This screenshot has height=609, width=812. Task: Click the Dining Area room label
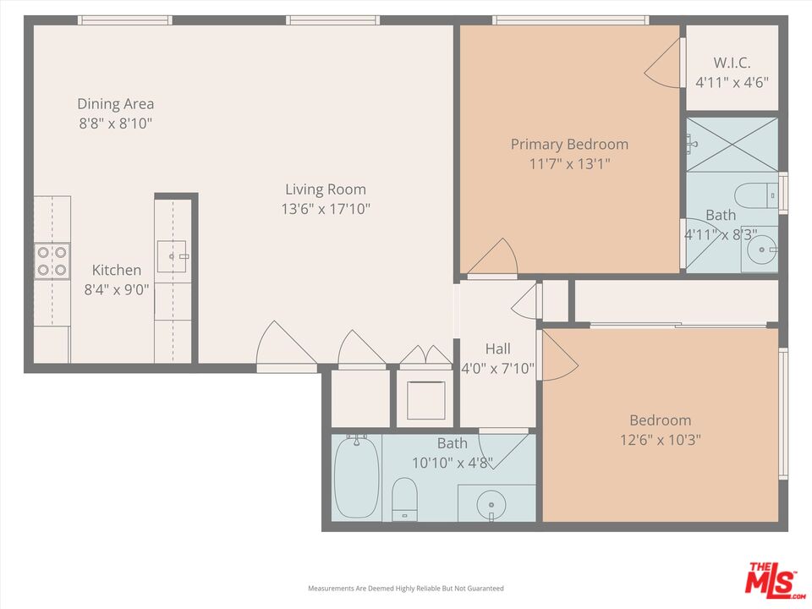click(116, 104)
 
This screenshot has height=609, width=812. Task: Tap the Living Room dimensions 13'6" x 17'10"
click(326, 208)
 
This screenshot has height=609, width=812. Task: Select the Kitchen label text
click(117, 270)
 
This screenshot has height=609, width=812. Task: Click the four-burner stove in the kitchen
click(52, 261)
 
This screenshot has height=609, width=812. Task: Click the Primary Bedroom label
click(569, 145)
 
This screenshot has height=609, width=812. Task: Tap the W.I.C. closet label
click(732, 63)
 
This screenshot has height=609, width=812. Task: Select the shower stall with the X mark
click(732, 144)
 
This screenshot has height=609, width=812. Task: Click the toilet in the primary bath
click(755, 195)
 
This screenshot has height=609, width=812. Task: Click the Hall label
click(497, 348)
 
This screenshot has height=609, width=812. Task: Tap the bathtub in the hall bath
click(356, 478)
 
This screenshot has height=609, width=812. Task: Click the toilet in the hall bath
click(405, 498)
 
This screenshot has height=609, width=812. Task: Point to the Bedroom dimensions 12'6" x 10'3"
click(660, 440)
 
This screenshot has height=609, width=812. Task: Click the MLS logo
click(771, 580)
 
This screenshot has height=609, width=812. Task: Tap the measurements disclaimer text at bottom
click(405, 588)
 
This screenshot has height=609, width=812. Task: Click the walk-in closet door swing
click(664, 63)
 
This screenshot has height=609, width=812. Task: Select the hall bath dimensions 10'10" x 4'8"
click(452, 463)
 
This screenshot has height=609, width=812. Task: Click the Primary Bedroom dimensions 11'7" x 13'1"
click(569, 164)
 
